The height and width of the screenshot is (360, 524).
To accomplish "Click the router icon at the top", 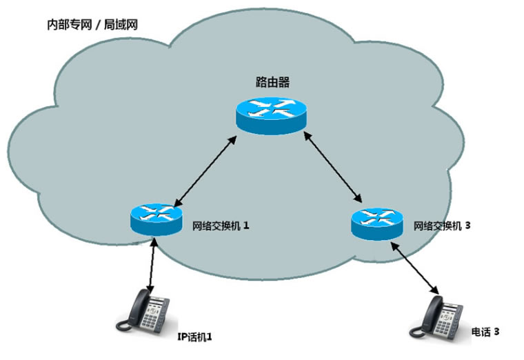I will (x=270, y=114).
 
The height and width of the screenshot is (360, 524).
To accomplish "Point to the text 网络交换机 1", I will (x=220, y=226).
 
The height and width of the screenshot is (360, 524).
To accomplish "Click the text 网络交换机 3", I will (x=441, y=226).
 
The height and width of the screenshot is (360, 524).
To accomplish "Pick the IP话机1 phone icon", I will (x=146, y=310).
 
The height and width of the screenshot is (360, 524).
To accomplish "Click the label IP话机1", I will (x=194, y=337).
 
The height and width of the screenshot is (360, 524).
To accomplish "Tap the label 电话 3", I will (x=484, y=332).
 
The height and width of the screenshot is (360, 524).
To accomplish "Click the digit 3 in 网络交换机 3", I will (x=467, y=226).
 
